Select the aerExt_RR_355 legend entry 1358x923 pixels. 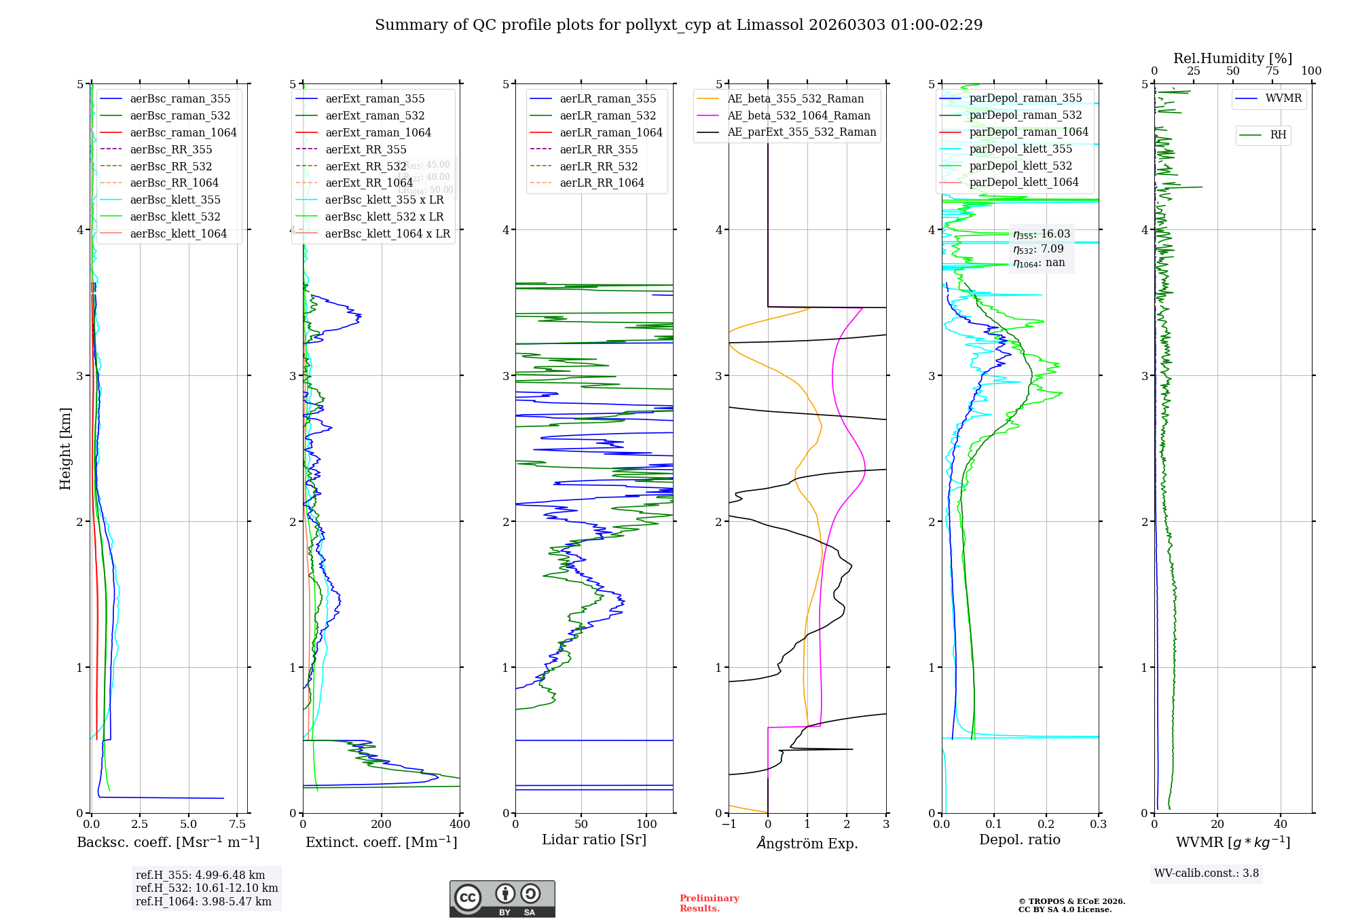point(365,149)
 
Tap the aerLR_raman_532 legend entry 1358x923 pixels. point(608,115)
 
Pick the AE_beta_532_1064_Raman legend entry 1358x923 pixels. point(799,115)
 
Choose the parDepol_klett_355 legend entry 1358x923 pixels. point(1021,149)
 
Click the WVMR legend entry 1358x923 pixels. point(1283,98)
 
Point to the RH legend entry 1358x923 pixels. point(1278,135)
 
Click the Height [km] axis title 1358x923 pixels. point(65,449)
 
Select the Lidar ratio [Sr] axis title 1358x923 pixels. point(594,840)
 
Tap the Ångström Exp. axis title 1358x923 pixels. point(807,843)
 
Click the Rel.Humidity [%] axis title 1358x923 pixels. point(1232,58)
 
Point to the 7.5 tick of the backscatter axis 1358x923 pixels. point(237,825)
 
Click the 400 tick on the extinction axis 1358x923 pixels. point(460,825)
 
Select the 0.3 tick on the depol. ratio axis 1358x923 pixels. point(1098,825)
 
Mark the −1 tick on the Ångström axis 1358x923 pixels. point(729,825)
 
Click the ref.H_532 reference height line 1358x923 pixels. point(206,888)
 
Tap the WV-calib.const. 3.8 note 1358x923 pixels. point(1207,873)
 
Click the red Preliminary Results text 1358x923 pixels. point(709,903)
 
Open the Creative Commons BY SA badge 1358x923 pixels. point(502,899)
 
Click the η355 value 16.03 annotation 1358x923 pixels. point(1042,234)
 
